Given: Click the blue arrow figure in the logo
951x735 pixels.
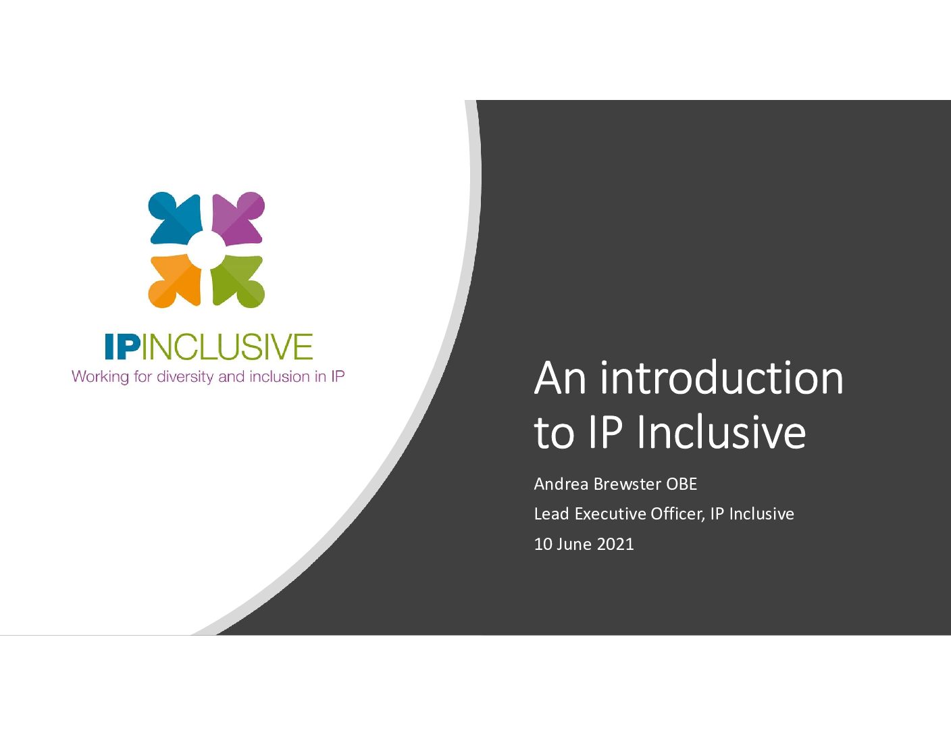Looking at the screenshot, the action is tap(175, 218).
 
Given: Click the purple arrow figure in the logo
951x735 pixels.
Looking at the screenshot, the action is tap(238, 218).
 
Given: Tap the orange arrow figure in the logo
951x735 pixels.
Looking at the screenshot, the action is tap(175, 281).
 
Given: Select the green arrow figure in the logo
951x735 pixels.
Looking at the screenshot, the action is tap(238, 281).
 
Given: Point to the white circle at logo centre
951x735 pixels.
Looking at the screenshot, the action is tap(206, 249).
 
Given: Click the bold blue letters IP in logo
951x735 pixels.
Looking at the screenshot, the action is tap(122, 347).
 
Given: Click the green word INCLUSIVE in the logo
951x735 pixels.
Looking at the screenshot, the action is tap(227, 347).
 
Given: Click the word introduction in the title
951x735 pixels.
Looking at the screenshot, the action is tap(721, 379).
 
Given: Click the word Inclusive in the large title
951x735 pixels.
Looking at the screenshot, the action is tap(721, 432).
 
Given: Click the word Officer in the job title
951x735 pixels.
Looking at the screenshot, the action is tap(678, 514).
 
